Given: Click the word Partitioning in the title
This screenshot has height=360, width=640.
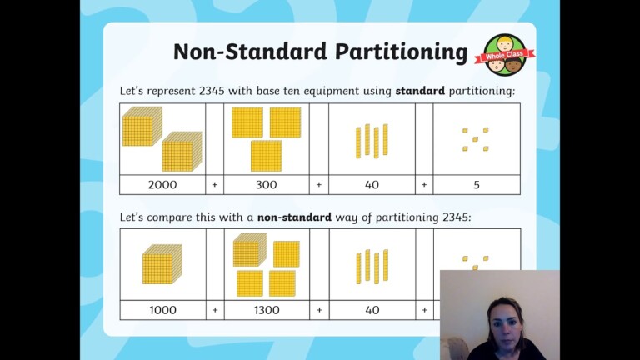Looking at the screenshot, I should (x=402, y=52).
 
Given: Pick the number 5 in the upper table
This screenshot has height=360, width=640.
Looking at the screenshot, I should (x=477, y=185).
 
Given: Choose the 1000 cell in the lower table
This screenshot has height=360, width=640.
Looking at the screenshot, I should (x=163, y=310).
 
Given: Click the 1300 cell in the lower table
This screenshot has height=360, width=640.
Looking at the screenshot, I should (x=267, y=310).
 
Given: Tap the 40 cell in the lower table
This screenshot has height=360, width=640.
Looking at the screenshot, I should (x=372, y=310).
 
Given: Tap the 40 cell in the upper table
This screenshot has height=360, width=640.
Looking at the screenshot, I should (x=372, y=185).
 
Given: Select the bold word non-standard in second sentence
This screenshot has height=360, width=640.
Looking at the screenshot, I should (x=294, y=217).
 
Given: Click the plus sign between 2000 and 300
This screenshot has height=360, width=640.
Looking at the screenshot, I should (x=214, y=185).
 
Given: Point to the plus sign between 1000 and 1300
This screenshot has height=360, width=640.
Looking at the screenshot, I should (x=214, y=310).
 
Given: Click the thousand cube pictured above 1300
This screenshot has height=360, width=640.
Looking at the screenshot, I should (x=248, y=250).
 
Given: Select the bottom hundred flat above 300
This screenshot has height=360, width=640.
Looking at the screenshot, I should (x=266, y=155).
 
